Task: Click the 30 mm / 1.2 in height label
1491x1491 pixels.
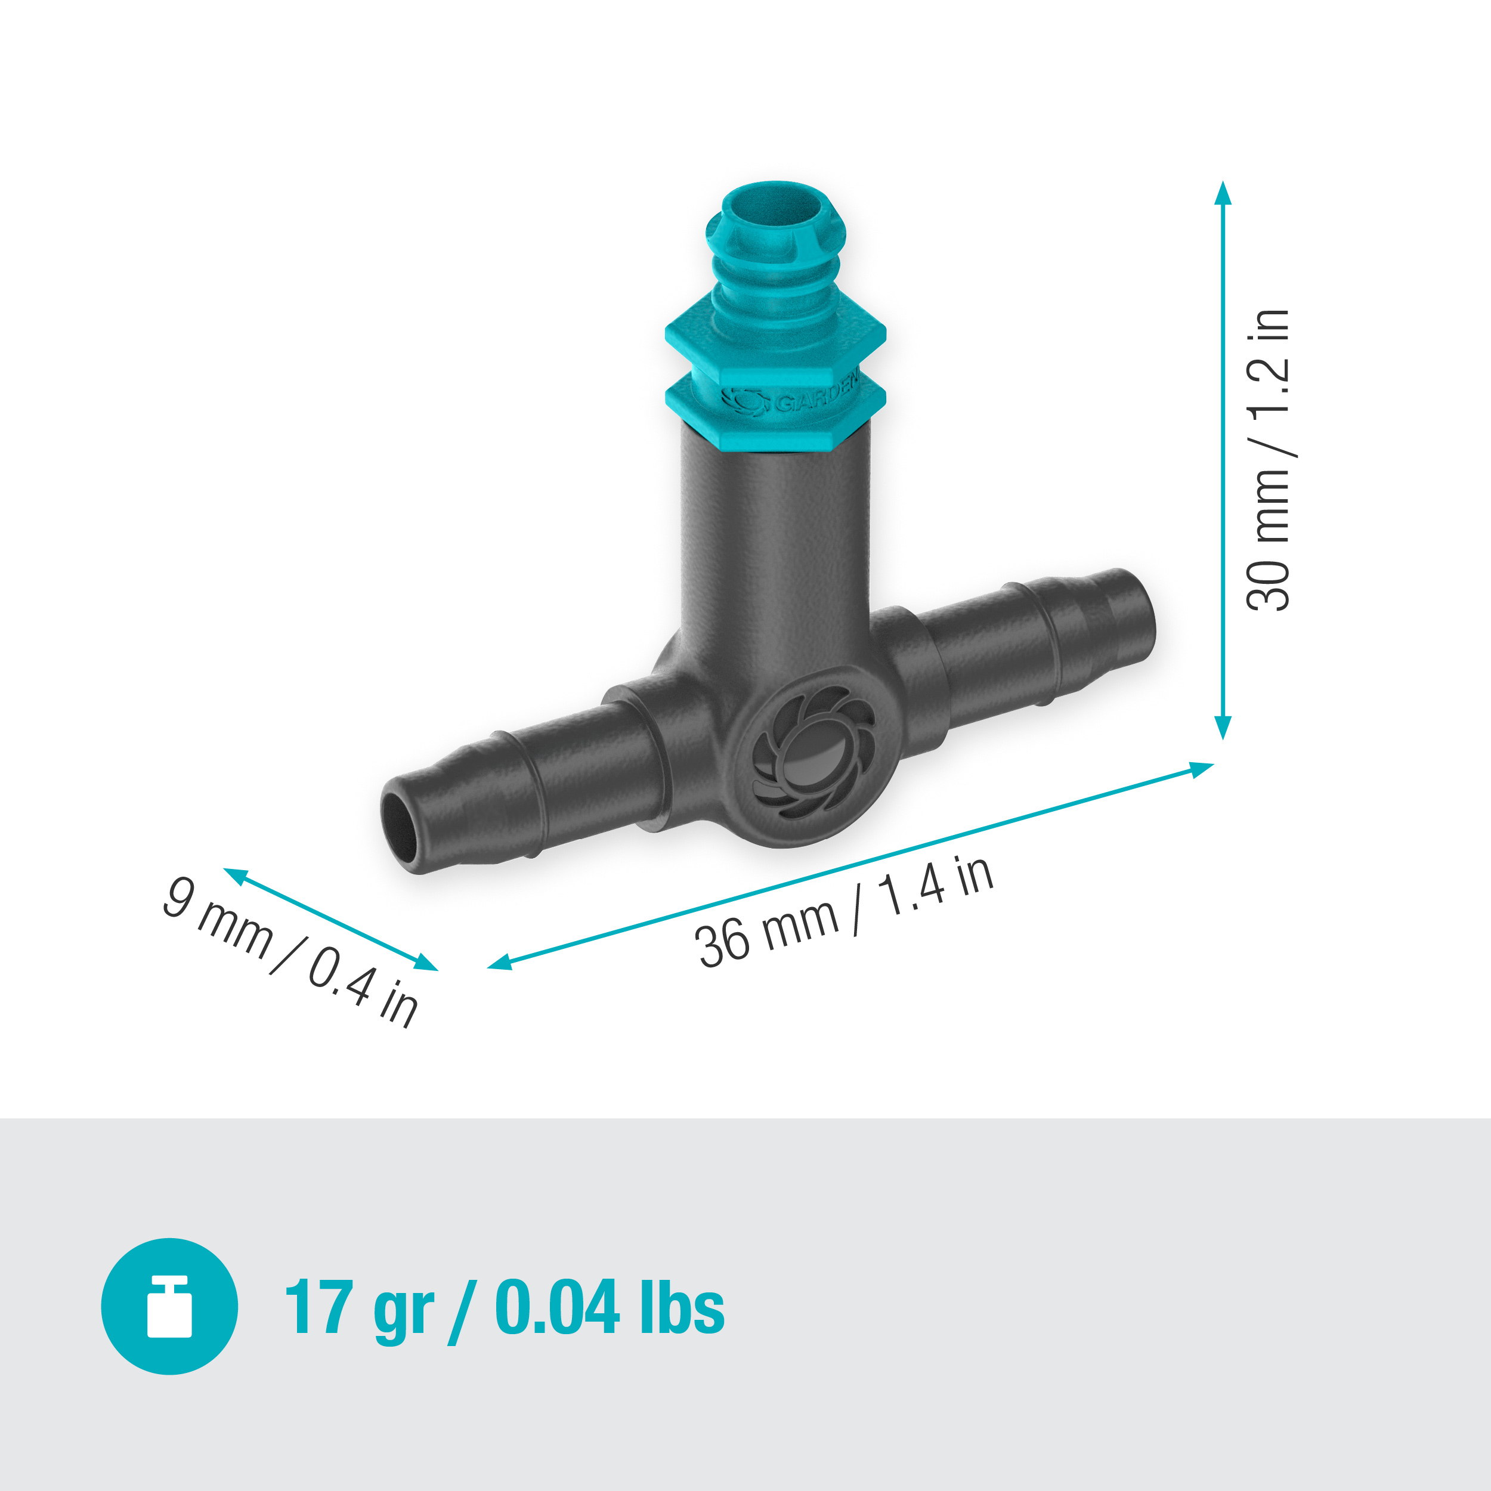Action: (x=1268, y=461)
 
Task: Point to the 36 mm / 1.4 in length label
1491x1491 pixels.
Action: (x=845, y=912)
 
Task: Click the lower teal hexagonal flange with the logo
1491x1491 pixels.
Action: (x=775, y=409)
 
